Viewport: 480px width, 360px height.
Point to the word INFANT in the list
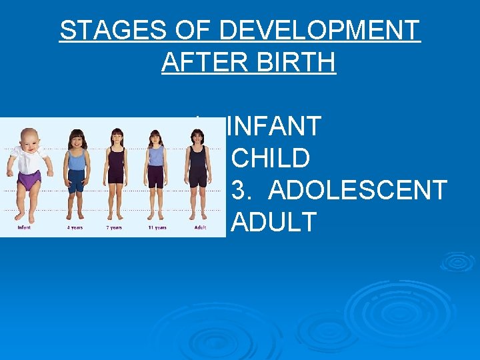point(273,127)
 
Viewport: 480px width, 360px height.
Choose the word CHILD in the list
point(270,159)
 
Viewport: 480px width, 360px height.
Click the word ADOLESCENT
point(357,191)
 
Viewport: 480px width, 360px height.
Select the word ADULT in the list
point(273,223)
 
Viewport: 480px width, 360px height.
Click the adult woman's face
point(197,137)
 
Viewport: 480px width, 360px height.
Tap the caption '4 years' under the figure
point(75,228)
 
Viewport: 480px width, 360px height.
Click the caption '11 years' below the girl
point(157,228)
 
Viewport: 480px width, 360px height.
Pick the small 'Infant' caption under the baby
point(24,228)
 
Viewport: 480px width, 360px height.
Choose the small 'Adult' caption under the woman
point(199,228)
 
